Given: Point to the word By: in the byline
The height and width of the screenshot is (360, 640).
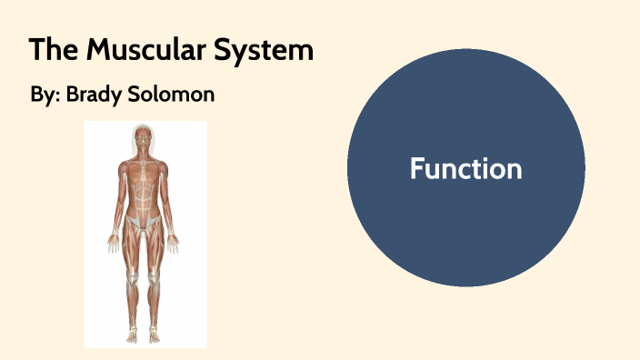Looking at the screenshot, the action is (44, 95).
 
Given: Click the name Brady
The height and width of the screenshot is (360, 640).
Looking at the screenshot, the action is (93, 95).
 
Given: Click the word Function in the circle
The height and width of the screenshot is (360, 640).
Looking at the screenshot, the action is (465, 169).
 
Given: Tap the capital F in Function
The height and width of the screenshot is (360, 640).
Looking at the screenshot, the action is (416, 169).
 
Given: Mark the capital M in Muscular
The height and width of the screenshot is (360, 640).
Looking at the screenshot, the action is (97, 50).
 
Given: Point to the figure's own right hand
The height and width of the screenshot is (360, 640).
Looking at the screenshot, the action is (113, 244).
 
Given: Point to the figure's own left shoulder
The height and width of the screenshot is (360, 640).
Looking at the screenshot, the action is (164, 167).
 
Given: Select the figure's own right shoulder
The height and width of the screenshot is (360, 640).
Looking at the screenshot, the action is (125, 167).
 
